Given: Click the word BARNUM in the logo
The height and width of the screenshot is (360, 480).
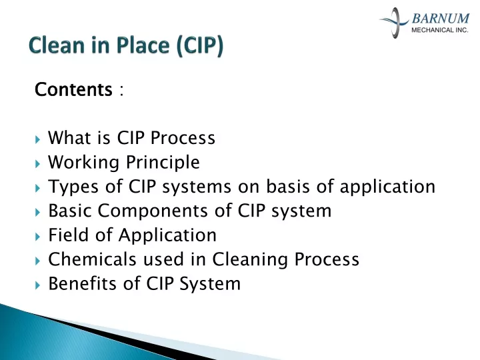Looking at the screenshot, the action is click(440, 19).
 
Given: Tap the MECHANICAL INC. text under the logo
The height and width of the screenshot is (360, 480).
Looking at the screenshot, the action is click(440, 30).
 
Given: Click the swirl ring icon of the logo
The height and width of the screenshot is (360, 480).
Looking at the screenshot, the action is click(394, 22).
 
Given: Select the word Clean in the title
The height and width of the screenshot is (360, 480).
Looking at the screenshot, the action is click(56, 45).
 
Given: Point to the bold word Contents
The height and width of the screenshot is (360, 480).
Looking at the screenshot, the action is click(73, 89).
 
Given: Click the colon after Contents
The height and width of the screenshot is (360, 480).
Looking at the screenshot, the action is click(121, 90).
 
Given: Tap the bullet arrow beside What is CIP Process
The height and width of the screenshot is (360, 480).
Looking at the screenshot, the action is click(37, 139).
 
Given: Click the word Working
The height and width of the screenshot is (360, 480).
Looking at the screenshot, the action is click(83, 163).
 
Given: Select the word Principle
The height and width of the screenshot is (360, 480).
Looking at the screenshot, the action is click(163, 163).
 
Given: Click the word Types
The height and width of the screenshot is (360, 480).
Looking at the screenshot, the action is click(73, 187).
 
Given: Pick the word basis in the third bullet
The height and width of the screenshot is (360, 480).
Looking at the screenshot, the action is click(288, 186).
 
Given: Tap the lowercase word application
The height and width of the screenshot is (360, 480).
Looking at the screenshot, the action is click(387, 187).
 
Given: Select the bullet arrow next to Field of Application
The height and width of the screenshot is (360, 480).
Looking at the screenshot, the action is click(37, 237).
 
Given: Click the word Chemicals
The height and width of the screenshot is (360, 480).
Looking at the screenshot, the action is click(92, 259).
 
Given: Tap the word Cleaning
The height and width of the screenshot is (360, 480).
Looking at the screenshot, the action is click(250, 259).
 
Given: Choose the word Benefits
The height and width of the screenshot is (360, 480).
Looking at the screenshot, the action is click(83, 283).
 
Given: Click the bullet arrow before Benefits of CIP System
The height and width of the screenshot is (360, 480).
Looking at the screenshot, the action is click(37, 285).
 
